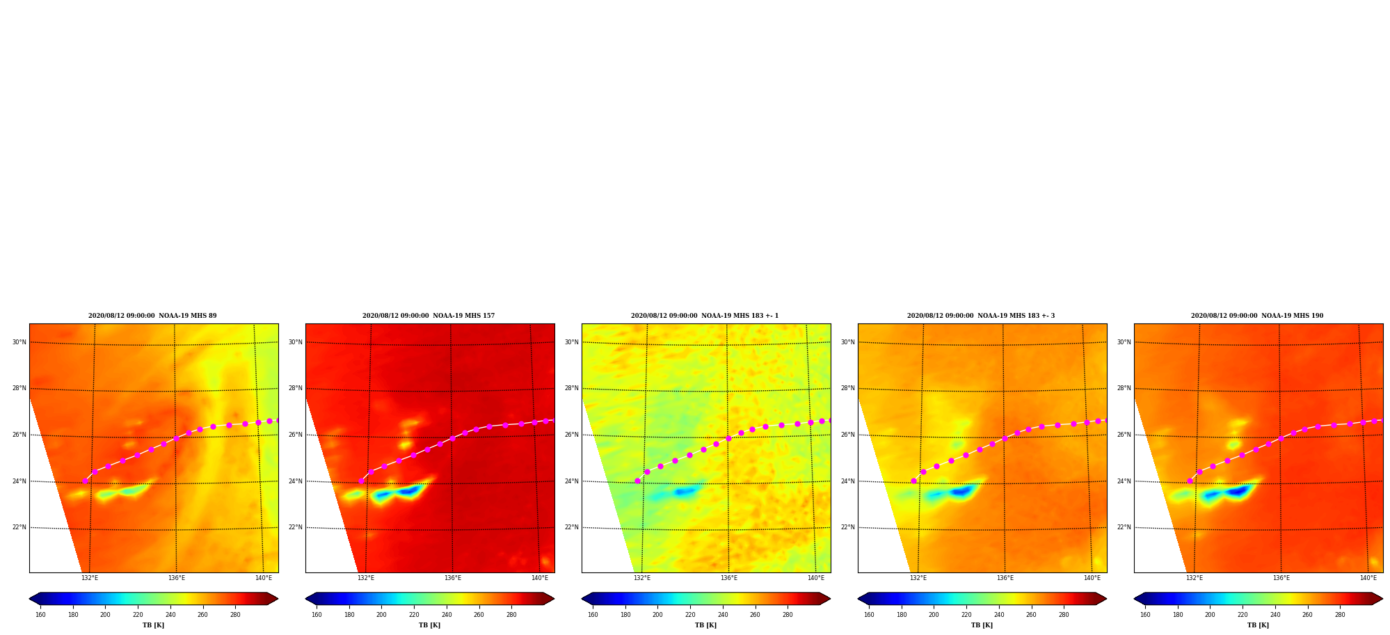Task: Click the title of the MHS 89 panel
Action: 152,316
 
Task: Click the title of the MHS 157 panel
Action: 429,316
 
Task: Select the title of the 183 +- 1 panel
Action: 705,316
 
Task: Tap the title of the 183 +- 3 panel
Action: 981,316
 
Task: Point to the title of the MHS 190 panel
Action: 1257,316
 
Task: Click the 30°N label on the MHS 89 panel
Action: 19,342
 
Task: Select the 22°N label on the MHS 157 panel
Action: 296,527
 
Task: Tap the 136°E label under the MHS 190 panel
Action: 1281,578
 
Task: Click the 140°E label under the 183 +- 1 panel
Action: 816,578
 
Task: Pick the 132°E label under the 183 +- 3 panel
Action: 918,578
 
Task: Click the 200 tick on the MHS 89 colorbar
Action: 105,615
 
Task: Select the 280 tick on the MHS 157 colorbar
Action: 511,615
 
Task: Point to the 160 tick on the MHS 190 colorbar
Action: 1145,615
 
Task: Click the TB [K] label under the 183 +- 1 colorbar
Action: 705,625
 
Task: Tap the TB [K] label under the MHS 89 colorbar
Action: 153,625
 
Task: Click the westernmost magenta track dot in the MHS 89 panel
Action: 86,481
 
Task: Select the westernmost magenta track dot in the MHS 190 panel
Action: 1190,481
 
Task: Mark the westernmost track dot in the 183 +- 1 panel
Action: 637,481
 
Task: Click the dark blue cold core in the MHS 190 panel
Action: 1238,491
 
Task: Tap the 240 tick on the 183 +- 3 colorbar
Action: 999,615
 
